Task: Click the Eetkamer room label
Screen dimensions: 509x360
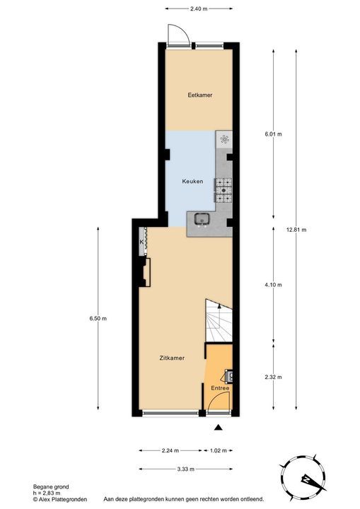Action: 199,95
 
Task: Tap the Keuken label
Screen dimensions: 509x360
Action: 192,182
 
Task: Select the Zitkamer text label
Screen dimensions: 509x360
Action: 172,358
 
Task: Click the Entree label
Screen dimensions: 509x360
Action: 220,388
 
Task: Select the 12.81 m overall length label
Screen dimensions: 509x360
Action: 296,229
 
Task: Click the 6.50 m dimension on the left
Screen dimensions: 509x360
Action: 98,319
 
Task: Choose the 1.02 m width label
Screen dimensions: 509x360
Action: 219,450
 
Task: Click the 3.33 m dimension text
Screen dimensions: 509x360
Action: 187,469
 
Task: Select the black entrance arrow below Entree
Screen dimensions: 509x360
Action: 219,427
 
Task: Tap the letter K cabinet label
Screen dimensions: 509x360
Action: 141,242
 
